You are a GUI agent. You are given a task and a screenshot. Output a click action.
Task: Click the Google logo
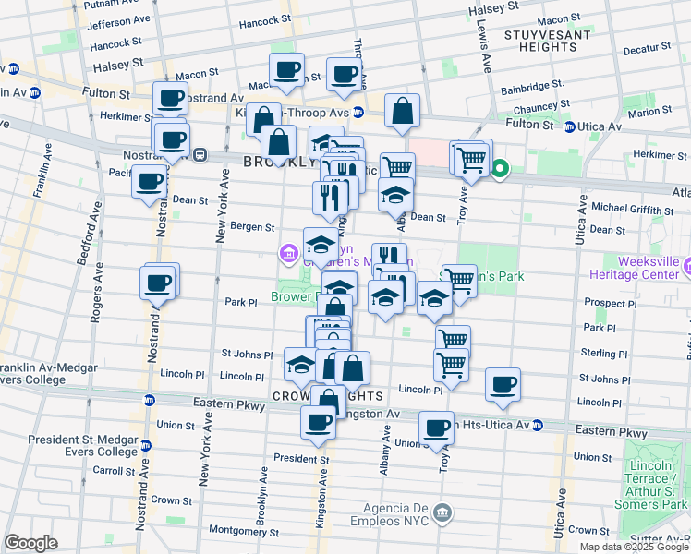pos(30,543)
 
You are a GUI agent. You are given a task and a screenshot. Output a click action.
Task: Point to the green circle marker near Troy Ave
pos(501,169)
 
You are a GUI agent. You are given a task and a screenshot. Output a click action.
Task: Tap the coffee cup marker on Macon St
pos(286,68)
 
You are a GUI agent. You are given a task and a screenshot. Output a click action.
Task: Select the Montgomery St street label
pos(244,532)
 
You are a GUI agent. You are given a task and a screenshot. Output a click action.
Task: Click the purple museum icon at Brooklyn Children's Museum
pos(287,253)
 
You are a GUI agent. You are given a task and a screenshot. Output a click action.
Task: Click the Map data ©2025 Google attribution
pos(633,546)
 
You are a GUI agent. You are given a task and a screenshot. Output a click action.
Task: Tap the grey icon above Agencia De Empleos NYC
pos(442,512)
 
